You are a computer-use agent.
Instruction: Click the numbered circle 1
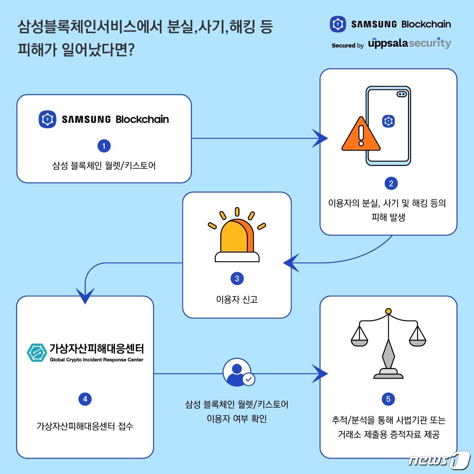(104, 146)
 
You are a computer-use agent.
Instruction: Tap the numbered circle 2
(391, 183)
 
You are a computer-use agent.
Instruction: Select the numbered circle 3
(237, 278)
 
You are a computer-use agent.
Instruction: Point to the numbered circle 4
(85, 399)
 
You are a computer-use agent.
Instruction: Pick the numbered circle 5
(388, 399)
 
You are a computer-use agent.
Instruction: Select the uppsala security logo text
(409, 44)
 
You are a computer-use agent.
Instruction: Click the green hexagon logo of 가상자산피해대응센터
(37, 352)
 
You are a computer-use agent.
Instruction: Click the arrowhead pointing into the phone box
(321, 138)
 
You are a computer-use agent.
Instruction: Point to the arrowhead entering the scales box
(321, 373)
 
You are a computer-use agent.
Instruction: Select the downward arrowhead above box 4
(85, 296)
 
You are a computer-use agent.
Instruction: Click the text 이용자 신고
(237, 300)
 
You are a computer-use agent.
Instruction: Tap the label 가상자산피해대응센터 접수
(85, 426)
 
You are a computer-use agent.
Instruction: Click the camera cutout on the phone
(402, 94)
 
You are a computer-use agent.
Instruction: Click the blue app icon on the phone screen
(388, 121)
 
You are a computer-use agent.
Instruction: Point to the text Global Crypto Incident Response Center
(96, 360)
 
